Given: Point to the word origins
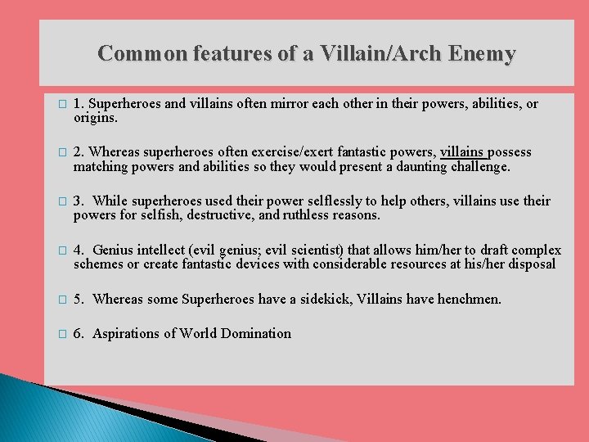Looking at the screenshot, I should pos(96,118).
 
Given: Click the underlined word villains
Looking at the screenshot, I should pos(462,152).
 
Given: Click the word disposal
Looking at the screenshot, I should pos(530,264).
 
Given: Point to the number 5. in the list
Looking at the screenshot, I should pos(79,300).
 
